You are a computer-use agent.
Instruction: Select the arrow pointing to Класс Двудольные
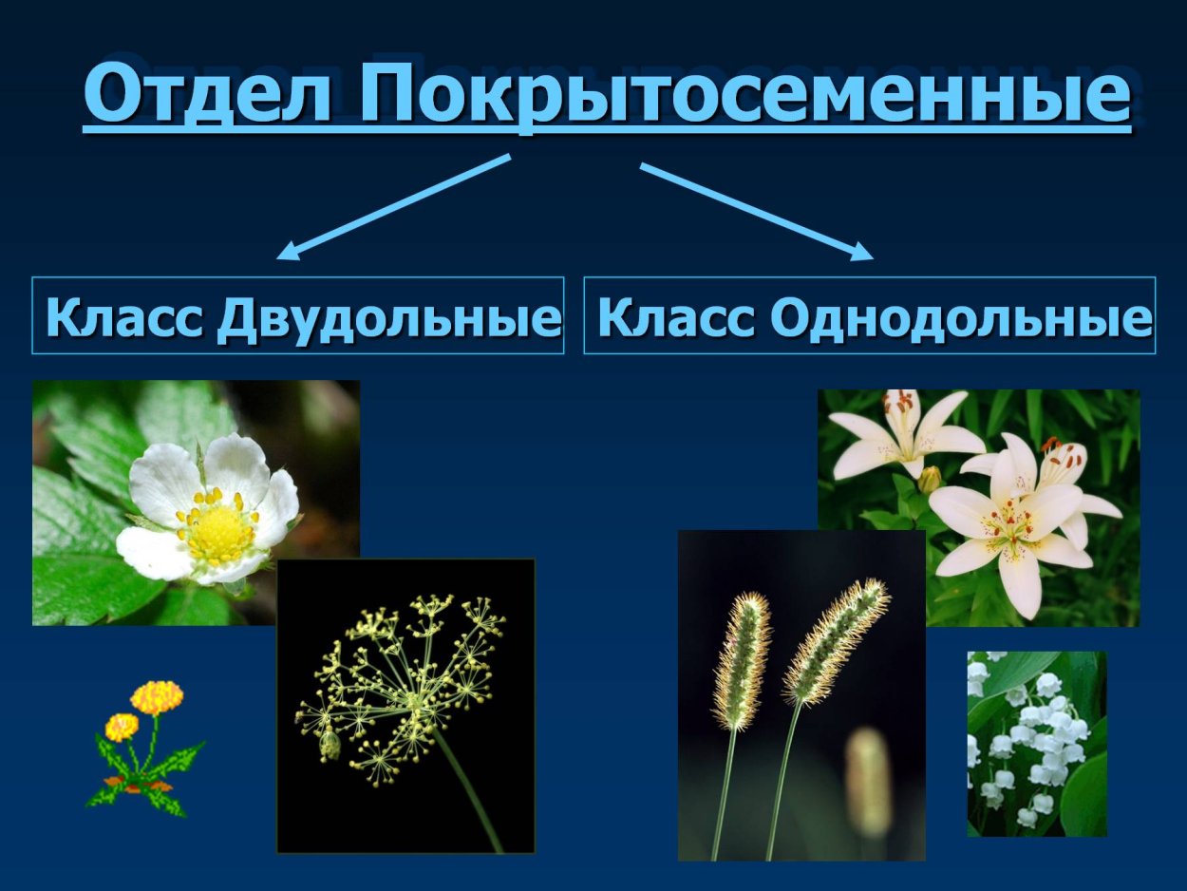coord(394,206)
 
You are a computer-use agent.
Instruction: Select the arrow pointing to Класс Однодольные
coord(756,211)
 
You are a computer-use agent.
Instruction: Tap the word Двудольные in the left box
coord(387,317)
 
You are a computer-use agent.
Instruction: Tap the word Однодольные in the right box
coord(960,317)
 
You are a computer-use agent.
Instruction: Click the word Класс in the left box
coord(124,317)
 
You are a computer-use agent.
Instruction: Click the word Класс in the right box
coord(676,317)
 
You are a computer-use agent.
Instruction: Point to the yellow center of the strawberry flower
coord(219,532)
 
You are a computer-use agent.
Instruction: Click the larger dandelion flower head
coord(157,696)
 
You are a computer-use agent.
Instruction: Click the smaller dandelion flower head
coord(122,728)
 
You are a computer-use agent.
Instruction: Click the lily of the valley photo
coord(1036,743)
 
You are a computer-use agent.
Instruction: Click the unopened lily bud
coord(930,479)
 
